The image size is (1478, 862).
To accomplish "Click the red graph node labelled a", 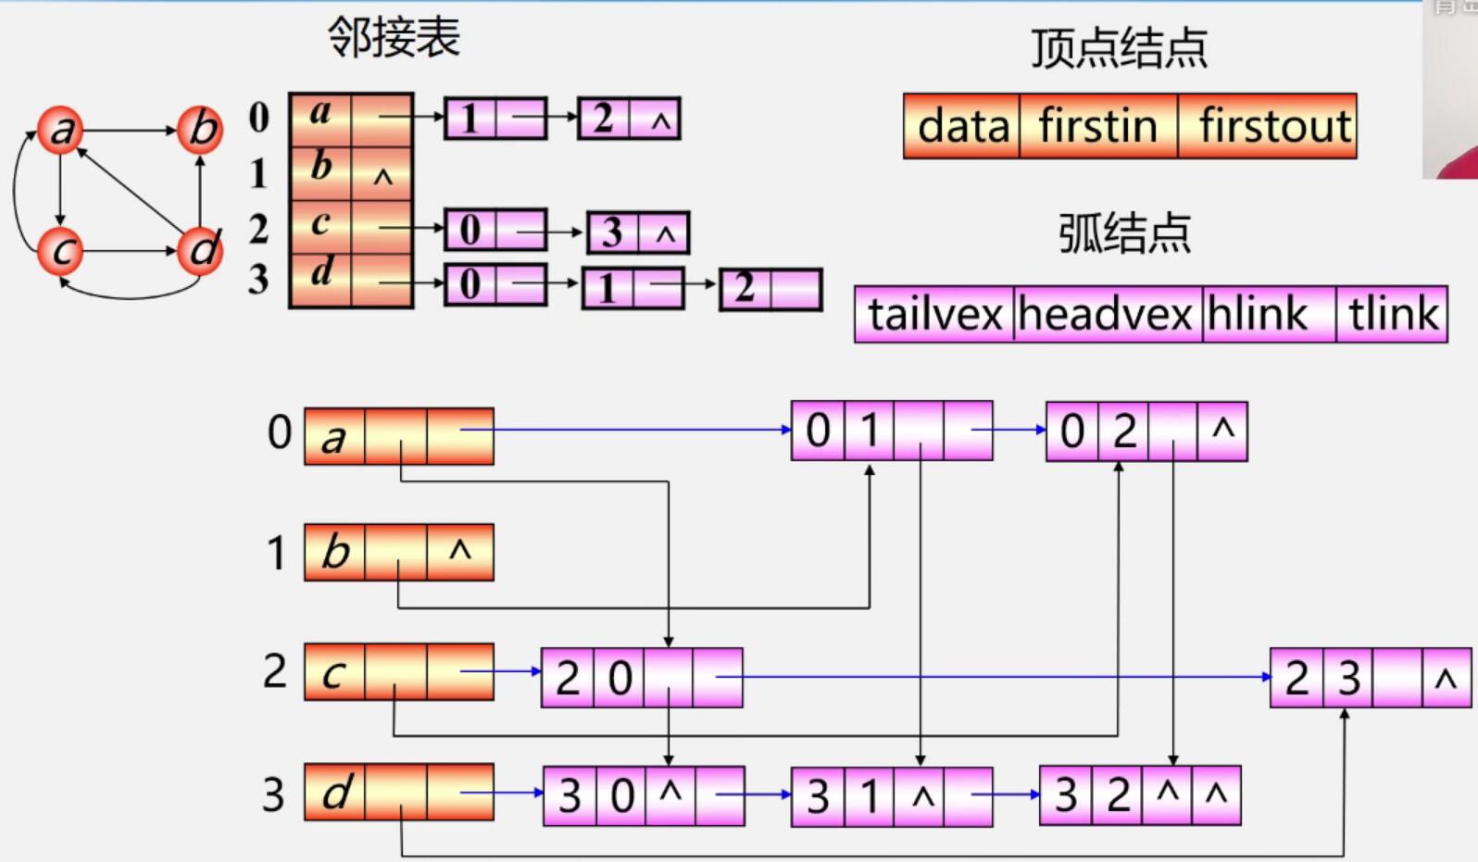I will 60,130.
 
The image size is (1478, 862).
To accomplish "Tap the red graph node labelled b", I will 201,129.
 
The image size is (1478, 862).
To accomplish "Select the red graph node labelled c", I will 60,251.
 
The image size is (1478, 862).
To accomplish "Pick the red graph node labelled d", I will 201,250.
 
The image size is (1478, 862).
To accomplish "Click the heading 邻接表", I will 394,38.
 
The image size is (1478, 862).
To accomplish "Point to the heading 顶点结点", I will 1119,48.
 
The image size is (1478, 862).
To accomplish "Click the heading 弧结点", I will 1124,232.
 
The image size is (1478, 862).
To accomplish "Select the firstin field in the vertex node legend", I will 1097,126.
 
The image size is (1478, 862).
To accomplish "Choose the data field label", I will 962,126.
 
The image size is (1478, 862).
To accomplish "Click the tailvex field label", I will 934,315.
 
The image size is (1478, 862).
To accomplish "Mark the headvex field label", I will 1106,315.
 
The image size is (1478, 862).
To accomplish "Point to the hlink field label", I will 1258,315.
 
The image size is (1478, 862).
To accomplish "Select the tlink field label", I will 1393,315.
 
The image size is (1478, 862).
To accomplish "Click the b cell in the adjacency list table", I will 320,166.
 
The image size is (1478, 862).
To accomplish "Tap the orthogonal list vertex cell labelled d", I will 334,793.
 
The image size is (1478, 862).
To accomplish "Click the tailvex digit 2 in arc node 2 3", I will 1296,679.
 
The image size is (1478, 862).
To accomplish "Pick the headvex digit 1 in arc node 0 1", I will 869,431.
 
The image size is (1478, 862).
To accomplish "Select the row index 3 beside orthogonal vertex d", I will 273,794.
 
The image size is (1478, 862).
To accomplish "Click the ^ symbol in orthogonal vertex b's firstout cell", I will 460,552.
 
